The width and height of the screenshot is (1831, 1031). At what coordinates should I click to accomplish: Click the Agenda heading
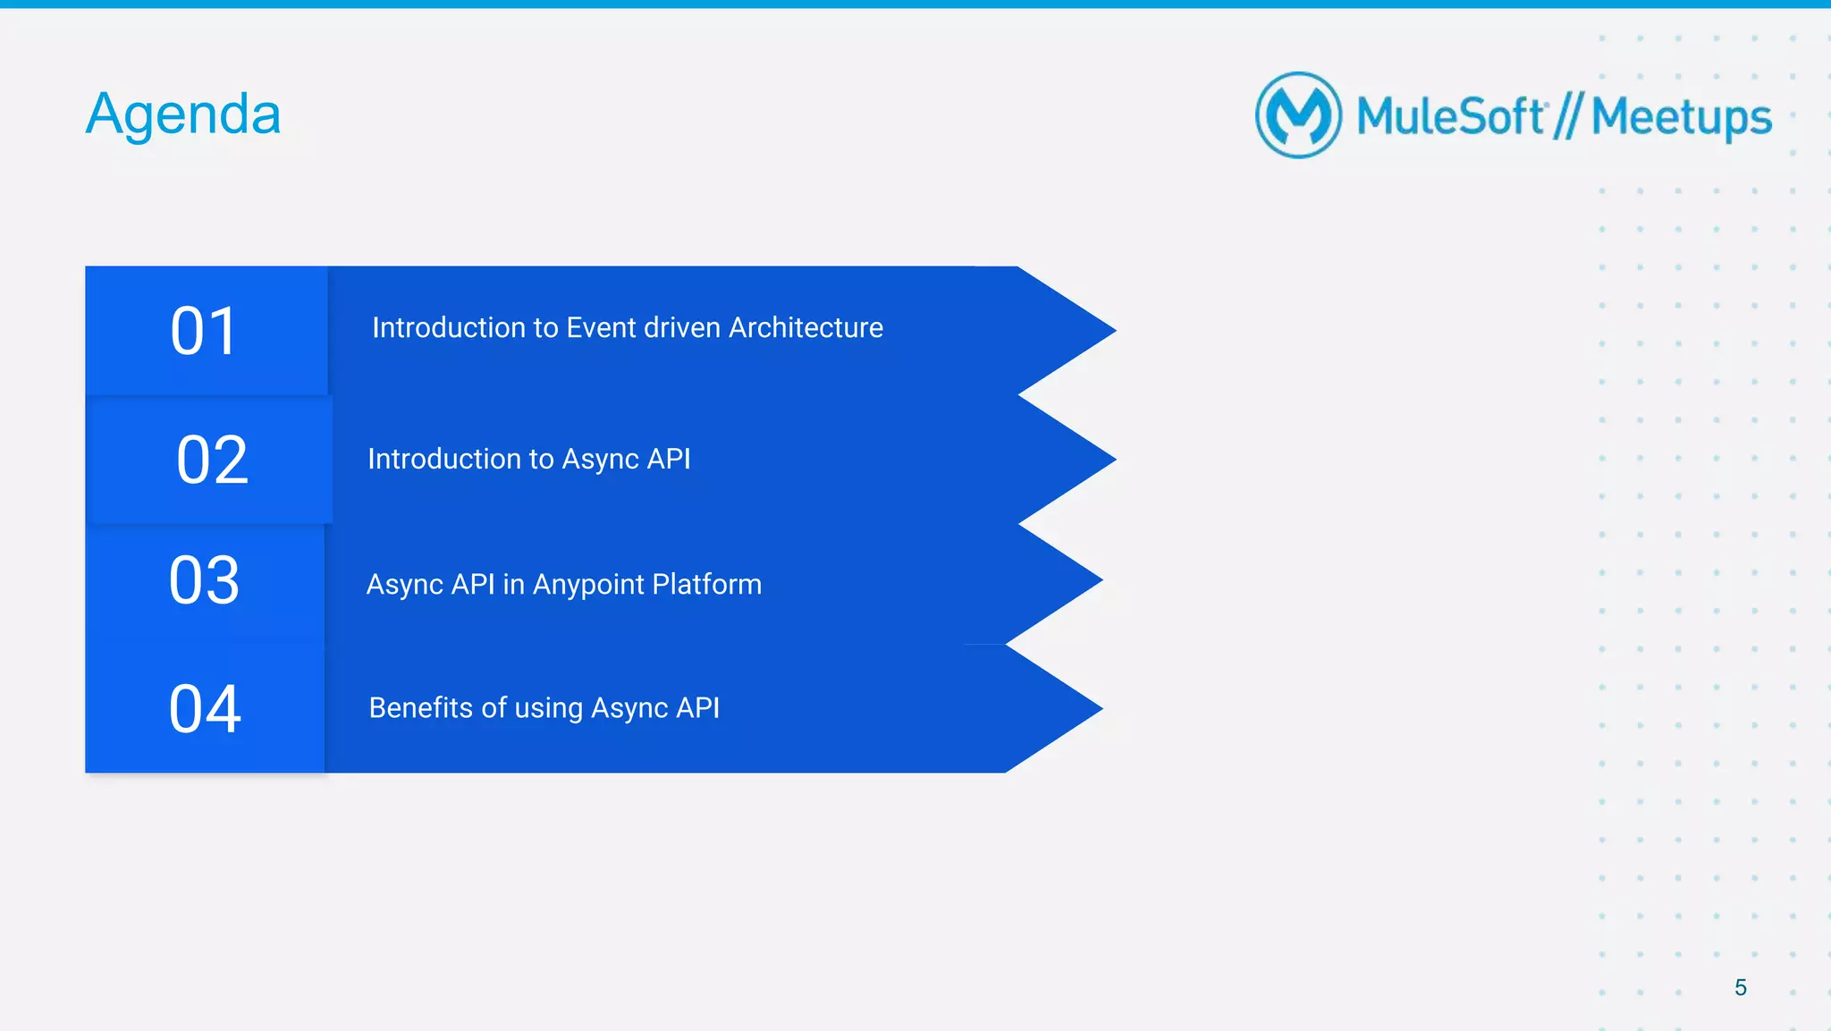coord(183,114)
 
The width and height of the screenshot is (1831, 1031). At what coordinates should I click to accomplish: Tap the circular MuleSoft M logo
coord(1298,115)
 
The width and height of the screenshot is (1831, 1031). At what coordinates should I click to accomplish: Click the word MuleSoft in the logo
coord(1450,116)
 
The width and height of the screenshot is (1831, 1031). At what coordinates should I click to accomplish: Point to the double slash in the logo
coord(1567,116)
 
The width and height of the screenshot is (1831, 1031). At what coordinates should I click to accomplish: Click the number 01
coord(205,332)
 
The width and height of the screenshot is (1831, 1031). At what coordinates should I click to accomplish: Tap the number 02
coord(212,461)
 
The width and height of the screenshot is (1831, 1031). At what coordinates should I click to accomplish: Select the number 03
coord(205,581)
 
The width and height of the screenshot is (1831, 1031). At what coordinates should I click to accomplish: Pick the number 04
coord(205,710)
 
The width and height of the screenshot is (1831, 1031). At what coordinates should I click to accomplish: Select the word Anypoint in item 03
coord(588,585)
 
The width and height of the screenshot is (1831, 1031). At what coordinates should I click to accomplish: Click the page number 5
coord(1740,987)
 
